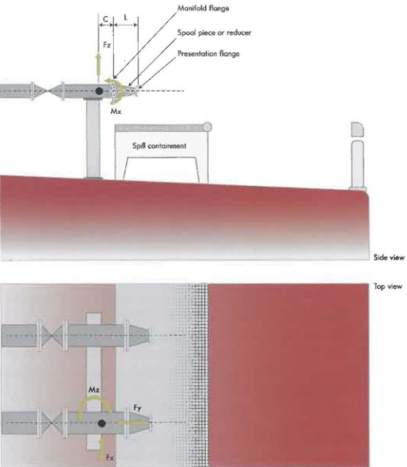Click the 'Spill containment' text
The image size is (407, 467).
(160, 146)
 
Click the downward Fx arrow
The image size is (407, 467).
(102, 447)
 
